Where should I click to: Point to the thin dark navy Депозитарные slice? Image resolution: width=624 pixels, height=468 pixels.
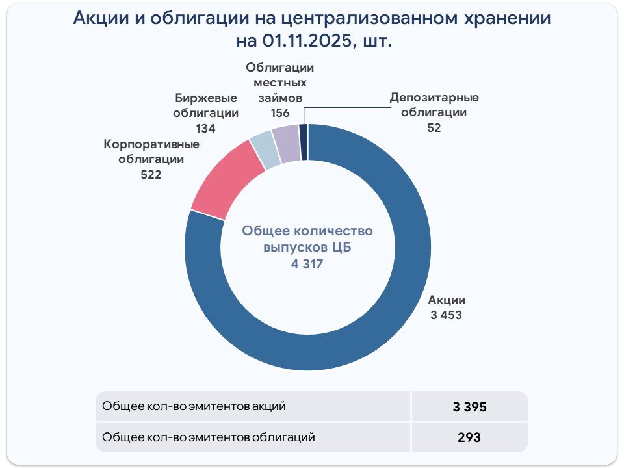(x=303, y=141)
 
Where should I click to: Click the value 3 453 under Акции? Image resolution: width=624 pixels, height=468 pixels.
(x=446, y=315)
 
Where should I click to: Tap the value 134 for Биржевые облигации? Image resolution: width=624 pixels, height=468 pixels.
(x=205, y=128)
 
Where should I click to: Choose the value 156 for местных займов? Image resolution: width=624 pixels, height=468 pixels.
(x=280, y=112)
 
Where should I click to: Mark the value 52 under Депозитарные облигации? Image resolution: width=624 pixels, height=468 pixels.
(x=434, y=128)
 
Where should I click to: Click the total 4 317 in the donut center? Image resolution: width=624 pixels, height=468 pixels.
(x=307, y=264)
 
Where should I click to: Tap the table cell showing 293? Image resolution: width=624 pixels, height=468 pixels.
(x=470, y=437)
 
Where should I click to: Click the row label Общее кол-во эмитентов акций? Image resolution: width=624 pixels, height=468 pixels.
(x=194, y=407)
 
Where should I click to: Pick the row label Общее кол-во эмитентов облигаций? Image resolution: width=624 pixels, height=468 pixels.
(x=209, y=437)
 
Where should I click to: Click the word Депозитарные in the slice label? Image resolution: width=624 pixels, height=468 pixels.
(x=434, y=98)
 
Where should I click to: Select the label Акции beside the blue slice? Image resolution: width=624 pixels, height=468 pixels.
(x=447, y=301)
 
